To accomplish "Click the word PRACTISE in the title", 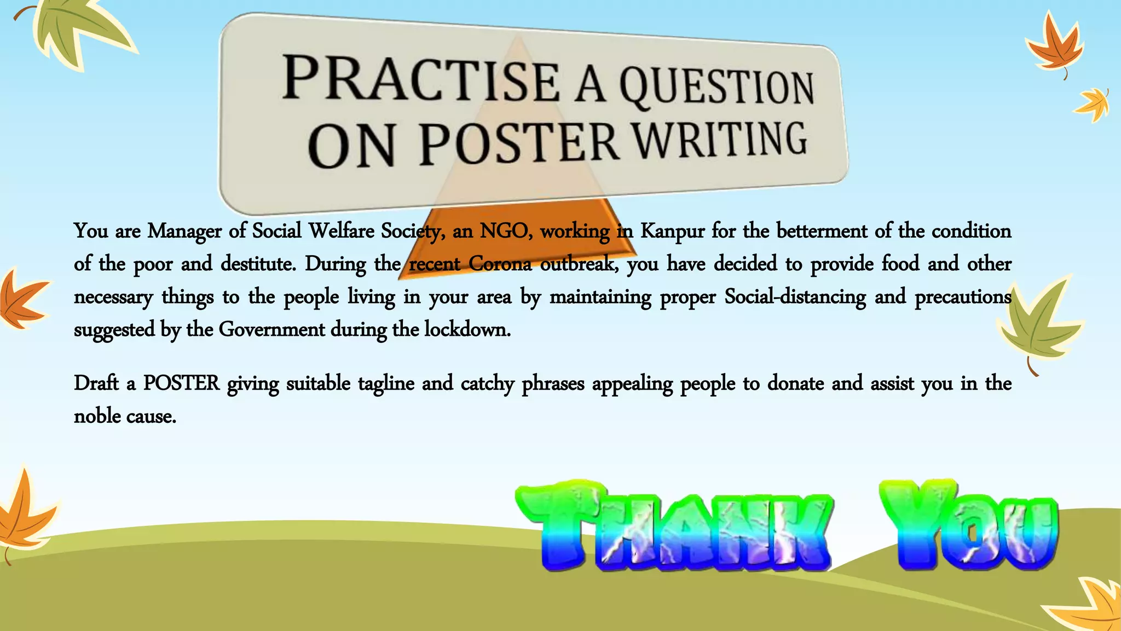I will point(420,80).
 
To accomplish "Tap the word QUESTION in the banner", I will point(716,88).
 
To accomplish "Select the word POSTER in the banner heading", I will point(519,144).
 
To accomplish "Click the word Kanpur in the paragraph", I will point(672,231).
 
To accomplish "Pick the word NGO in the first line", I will point(505,231).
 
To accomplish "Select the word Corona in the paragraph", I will point(500,264).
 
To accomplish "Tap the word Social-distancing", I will point(795,297).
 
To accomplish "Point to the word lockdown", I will point(467,330).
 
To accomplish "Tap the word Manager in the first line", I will point(184,231).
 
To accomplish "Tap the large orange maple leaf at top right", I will point(1055,47).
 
